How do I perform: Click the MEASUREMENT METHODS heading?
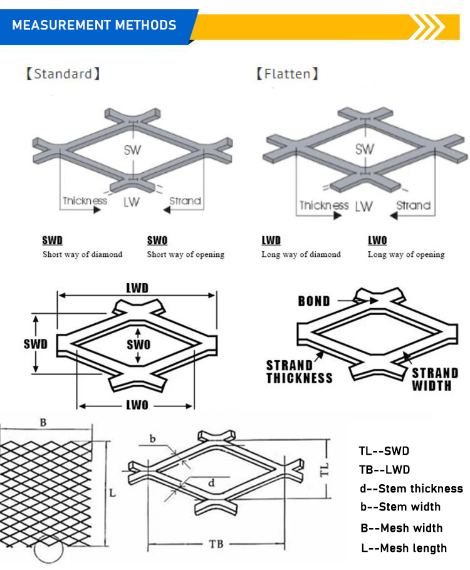pos(95,26)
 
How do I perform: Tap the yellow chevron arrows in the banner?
pos(429,27)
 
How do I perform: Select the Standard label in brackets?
pos(63,74)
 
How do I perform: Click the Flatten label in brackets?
pos(288,74)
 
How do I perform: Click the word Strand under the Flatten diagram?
pos(413,205)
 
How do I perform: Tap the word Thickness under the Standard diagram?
pos(85,201)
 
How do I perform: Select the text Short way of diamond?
pos(82,254)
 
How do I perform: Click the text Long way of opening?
pos(405,254)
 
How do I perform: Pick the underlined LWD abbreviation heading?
pos(271,241)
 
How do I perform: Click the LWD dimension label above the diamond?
pos(137,287)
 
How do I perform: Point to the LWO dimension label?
pos(137,405)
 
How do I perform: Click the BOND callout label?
pos(314,301)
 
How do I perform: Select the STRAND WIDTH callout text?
pos(434,379)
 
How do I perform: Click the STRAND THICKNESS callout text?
pos(299,371)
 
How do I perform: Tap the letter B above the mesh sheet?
pos(43,423)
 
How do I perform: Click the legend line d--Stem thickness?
pos(411,489)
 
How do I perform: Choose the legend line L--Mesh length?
pos(404,548)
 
